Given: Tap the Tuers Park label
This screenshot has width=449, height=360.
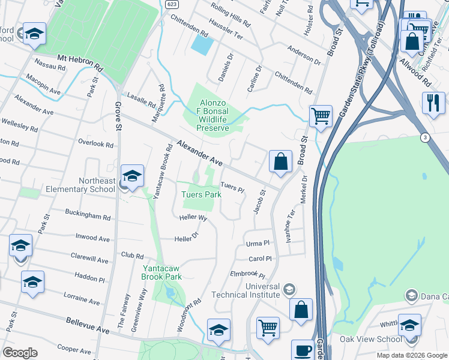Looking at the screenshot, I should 202,194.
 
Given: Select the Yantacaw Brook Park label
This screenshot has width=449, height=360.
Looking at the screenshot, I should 161,272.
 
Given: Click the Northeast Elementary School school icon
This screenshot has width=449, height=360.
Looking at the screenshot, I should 132,176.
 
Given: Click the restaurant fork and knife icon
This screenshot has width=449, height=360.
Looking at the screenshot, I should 433,103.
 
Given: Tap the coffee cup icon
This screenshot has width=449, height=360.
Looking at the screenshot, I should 303,350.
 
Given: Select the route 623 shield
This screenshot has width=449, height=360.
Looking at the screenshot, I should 172,4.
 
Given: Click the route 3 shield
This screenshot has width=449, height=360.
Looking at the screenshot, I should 424,137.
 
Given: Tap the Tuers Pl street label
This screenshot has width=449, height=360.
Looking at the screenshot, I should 232,188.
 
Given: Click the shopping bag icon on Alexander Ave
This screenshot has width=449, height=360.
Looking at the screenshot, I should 280,161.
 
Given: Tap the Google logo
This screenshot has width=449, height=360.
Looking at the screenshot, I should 20,353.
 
